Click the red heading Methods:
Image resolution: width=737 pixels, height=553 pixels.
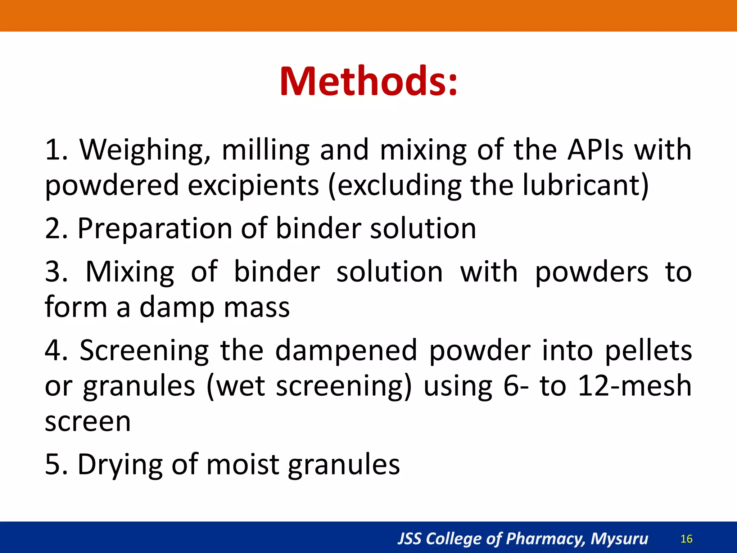point(368,81)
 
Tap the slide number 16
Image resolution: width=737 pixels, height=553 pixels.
point(687,539)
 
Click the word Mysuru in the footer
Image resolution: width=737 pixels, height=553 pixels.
point(619,539)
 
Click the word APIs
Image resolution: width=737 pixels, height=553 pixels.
point(595,150)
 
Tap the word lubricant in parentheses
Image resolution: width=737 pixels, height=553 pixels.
point(582,185)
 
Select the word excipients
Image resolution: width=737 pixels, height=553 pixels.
point(253,186)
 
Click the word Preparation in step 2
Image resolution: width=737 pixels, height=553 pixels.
point(155,229)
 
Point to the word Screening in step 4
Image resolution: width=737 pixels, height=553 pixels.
point(144,351)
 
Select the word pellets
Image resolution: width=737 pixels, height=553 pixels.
point(648,351)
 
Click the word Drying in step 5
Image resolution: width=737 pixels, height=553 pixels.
point(120,466)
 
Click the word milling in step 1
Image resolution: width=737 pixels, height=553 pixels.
point(266,150)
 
